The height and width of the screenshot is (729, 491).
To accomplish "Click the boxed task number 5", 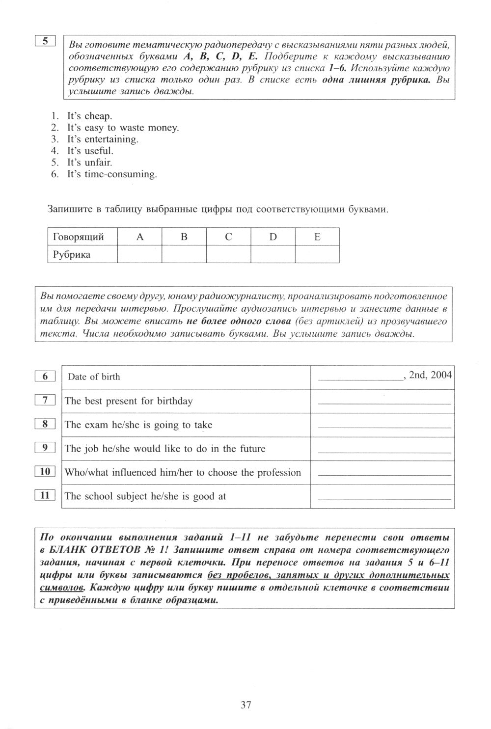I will (45, 41).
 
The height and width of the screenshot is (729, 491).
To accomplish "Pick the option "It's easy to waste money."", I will (123, 128).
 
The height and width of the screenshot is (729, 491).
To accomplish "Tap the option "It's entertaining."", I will (103, 139).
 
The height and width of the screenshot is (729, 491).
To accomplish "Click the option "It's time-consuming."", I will (112, 174).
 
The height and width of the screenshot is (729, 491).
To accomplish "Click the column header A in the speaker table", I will (139, 237).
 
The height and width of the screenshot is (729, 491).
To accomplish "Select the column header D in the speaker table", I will (273, 237).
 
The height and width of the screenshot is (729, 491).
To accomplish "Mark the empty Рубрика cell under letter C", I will (228, 255).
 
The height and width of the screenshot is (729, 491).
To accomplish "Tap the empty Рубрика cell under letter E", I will (317, 255).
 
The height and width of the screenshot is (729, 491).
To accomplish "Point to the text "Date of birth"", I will (94, 377).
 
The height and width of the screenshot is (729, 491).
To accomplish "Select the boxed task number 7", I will (45, 401).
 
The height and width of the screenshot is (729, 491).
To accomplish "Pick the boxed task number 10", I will (45, 472).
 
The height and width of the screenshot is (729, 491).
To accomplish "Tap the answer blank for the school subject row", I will (384, 498).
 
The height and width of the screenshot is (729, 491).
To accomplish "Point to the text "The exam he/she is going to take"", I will (138, 425).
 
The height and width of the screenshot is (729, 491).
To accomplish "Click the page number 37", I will (246, 705).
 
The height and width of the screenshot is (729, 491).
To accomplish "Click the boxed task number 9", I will (45, 448).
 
